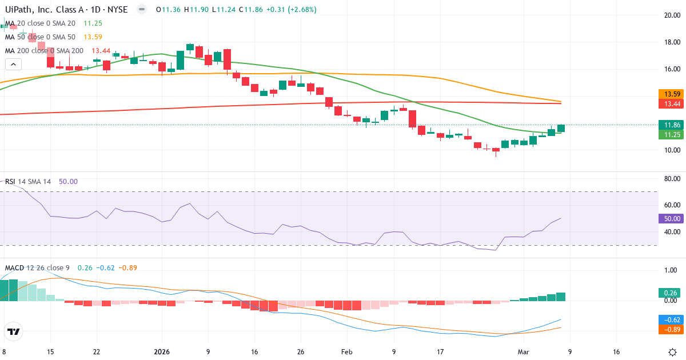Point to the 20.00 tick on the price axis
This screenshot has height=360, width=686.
tap(671, 15)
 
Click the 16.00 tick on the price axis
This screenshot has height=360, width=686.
tap(671, 69)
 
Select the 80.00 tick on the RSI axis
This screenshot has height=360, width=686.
tap(671, 178)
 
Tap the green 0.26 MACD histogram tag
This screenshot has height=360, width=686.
tap(670, 293)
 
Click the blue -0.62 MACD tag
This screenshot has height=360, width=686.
tap(670, 319)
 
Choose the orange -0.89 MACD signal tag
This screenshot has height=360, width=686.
tap(670, 329)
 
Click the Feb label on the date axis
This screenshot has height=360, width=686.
tap(348, 353)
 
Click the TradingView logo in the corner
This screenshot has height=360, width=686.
tap(14, 331)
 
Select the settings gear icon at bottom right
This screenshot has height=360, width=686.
tap(672, 352)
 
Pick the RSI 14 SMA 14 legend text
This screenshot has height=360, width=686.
tap(29, 181)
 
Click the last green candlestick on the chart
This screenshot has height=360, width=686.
tap(561, 129)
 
